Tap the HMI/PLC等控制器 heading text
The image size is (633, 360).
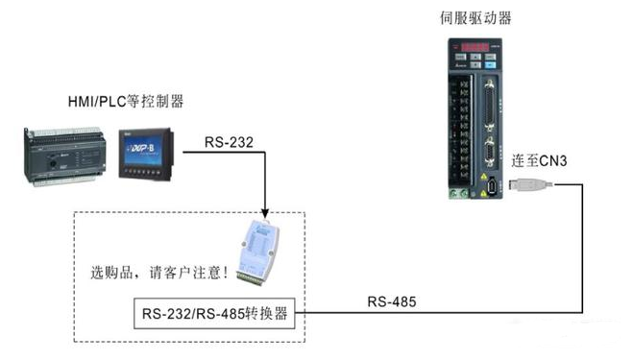pyautogui.click(x=126, y=102)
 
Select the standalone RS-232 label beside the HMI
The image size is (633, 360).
pyautogui.click(x=230, y=144)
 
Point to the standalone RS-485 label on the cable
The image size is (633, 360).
pyautogui.click(x=391, y=301)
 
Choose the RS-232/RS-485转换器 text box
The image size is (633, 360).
pyautogui.click(x=214, y=313)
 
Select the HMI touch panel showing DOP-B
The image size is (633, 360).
pyautogui.click(x=146, y=156)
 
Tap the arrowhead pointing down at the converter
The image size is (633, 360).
pyautogui.click(x=264, y=211)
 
